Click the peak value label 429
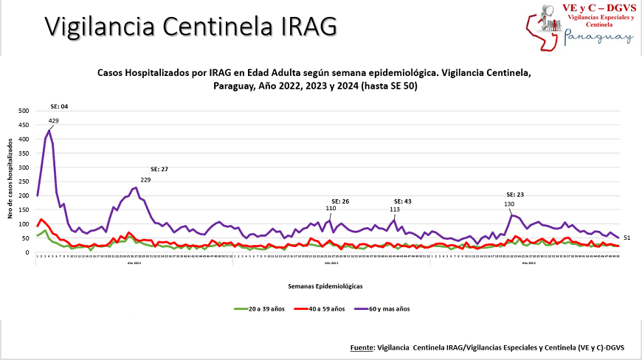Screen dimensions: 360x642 [54, 120]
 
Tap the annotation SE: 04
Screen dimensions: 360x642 [59, 107]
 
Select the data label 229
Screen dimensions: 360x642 [145, 180]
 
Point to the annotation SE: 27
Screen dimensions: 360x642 [159, 170]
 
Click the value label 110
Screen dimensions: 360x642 [331, 209]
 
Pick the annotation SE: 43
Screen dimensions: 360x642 [403, 201]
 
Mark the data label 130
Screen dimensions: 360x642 [509, 204]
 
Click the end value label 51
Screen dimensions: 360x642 [627, 238]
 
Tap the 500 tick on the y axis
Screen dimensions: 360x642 [24, 111]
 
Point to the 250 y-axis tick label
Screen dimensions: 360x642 [24, 182]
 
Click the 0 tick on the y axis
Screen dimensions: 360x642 [27, 253]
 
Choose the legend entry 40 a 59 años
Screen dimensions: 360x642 [327, 308]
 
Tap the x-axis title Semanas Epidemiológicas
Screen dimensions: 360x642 [326, 284]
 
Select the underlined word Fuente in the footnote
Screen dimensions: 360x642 [362, 347]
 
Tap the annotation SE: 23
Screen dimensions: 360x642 [514, 195]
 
